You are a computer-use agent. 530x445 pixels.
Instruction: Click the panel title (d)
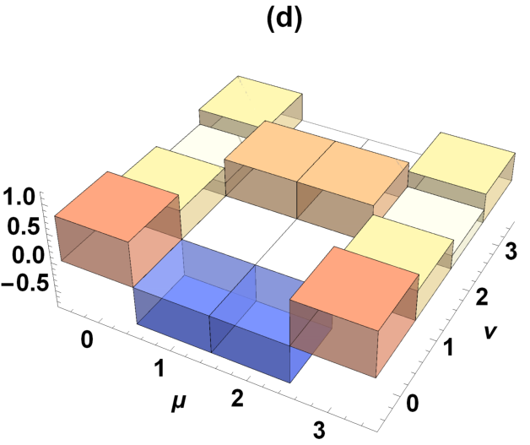284,20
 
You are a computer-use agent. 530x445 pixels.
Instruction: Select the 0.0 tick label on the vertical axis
29,255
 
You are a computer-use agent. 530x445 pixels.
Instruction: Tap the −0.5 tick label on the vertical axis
24,284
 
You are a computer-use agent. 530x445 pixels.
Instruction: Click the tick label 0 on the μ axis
87,339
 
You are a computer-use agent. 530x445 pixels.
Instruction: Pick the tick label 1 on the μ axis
159,368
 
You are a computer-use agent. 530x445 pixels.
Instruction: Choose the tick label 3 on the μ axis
319,430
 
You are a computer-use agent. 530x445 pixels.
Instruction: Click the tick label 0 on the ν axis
412,403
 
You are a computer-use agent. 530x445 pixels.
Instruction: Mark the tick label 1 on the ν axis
448,347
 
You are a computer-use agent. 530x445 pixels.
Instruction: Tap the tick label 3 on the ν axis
511,251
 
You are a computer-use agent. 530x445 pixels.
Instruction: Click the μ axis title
179,402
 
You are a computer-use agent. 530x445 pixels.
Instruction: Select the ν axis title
490,331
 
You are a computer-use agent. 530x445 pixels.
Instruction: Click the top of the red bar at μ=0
117,206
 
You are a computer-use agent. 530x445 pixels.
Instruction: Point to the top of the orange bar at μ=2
353,173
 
